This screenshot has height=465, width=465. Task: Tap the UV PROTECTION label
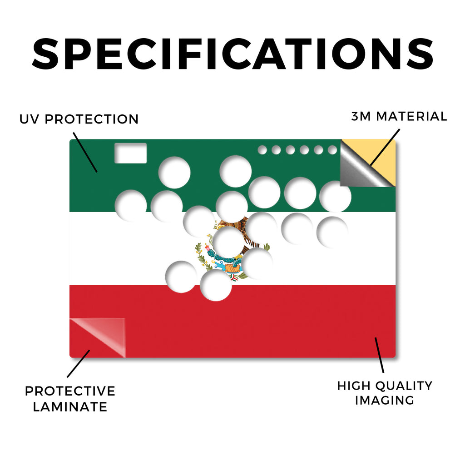coord(79,119)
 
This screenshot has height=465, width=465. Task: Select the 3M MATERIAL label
coord(399,116)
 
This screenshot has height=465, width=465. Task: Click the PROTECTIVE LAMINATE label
coord(70,399)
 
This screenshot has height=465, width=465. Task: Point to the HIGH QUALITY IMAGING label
coord(385,393)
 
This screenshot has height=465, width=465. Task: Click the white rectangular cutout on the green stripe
coord(130,153)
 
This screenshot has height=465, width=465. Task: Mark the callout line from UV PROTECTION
coord(85,152)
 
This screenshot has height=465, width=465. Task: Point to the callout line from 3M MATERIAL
coord(385,148)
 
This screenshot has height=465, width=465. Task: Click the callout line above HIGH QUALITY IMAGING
coord(379,355)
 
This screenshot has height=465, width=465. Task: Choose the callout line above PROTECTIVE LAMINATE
coord(79,364)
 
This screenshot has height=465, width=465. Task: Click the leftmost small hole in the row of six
coord(262,150)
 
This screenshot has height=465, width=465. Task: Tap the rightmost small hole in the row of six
coord(332,150)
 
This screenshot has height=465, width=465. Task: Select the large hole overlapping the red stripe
coord(216,285)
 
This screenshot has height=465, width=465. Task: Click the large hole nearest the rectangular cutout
coord(174,172)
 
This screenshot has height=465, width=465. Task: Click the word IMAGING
coord(385,401)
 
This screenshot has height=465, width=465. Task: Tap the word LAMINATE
coord(70,407)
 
